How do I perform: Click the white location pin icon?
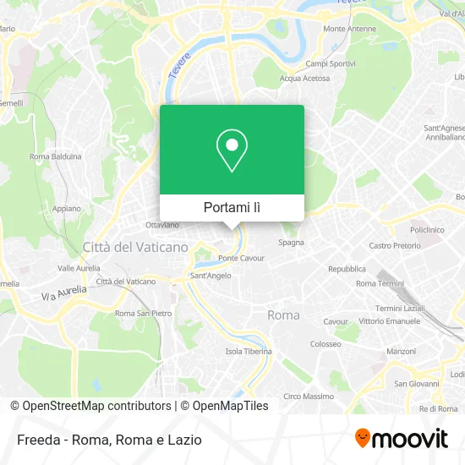(232, 151)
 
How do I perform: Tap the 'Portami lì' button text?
(232, 207)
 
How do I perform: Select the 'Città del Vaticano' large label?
(135, 247)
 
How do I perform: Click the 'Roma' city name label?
(283, 315)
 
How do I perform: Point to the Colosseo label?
(325, 344)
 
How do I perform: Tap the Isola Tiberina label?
(248, 351)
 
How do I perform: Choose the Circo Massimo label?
(309, 396)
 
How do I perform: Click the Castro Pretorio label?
(395, 246)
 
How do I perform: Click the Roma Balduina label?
(55, 156)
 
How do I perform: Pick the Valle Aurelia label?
(79, 267)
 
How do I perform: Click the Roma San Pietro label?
(137, 313)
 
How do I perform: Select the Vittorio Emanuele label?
(390, 321)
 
